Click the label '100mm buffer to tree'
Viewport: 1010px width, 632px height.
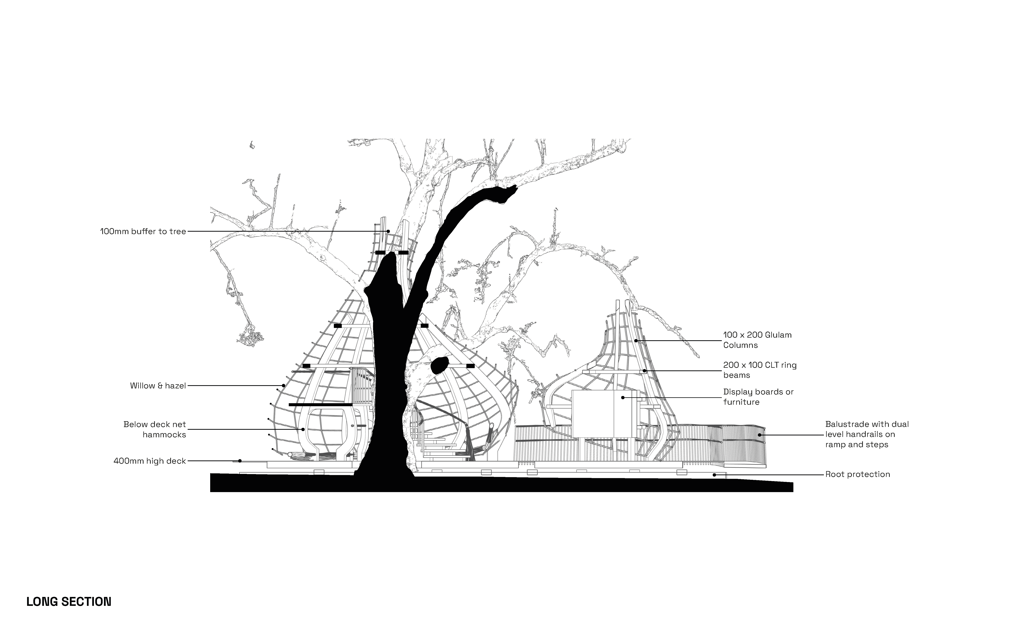coord(143,232)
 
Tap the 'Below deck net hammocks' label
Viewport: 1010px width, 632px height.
coord(155,429)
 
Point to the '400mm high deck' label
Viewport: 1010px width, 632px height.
coord(149,461)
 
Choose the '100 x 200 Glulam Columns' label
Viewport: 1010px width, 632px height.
coord(757,340)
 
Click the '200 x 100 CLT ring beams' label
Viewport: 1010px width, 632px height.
coord(759,370)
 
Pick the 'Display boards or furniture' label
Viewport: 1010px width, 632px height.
coord(758,397)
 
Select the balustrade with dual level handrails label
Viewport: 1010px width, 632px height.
coord(867,434)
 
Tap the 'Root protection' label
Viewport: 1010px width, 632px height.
coord(857,474)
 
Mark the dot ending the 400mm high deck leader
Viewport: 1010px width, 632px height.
coord(240,461)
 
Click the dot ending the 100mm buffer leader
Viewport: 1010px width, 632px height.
coord(388,231)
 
